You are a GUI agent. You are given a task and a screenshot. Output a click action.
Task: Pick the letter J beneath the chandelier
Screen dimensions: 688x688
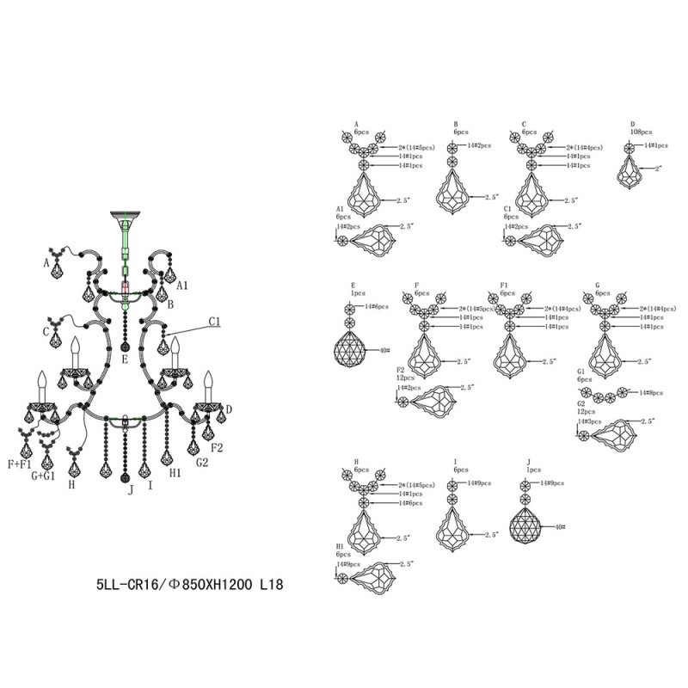coord(131,490)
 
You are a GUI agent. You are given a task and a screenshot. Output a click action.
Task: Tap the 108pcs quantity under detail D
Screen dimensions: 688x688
coord(641,133)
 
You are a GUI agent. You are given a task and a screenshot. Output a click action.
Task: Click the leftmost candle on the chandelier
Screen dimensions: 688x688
coord(40,388)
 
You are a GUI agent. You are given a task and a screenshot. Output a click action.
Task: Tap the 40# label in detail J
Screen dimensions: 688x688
coord(562,526)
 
